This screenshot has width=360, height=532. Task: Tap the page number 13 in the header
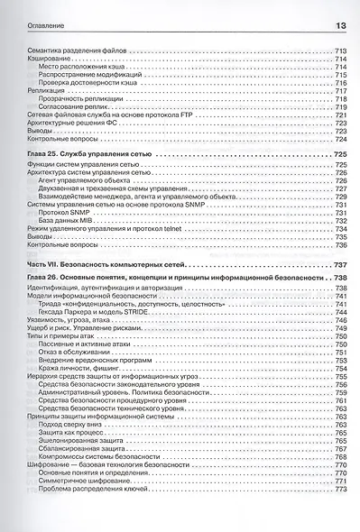(x=341, y=24)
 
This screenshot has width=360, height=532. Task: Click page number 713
(x=341, y=50)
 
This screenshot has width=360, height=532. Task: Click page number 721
(x=341, y=115)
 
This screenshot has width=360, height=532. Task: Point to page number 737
(x=341, y=263)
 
